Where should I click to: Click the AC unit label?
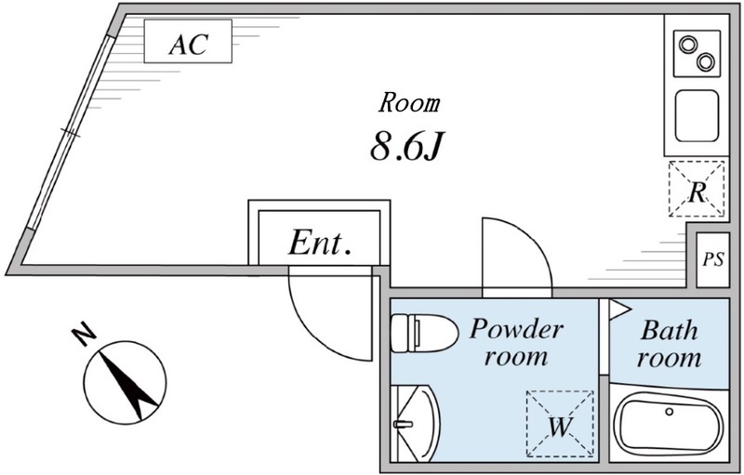(x=187, y=44)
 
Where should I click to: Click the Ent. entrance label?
(x=319, y=244)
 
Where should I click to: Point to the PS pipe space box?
(x=712, y=258)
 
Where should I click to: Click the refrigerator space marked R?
(x=697, y=190)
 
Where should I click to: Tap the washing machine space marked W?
(x=559, y=424)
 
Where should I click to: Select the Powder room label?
(x=516, y=341)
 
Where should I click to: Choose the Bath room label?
(x=670, y=343)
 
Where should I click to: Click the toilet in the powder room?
(x=420, y=333)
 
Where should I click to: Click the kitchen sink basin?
(x=697, y=114)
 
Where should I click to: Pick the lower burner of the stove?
(x=706, y=62)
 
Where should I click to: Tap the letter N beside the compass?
(x=83, y=332)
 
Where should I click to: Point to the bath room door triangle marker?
(x=619, y=309)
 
